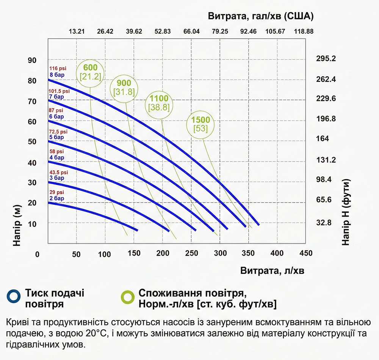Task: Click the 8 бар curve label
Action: coord(57,75)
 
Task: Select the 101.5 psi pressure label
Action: coord(59,91)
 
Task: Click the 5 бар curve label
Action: coord(57,137)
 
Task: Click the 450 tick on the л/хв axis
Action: coord(306,253)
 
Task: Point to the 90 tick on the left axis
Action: coord(32,60)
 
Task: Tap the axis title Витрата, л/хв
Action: coord(272,271)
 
